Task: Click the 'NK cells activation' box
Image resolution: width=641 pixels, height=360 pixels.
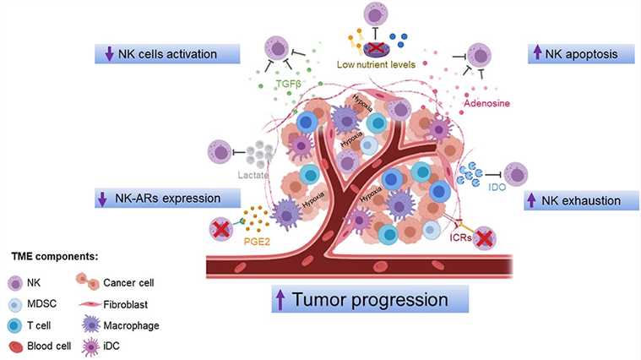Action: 156,54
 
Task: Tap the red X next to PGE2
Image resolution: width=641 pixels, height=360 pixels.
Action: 222,229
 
